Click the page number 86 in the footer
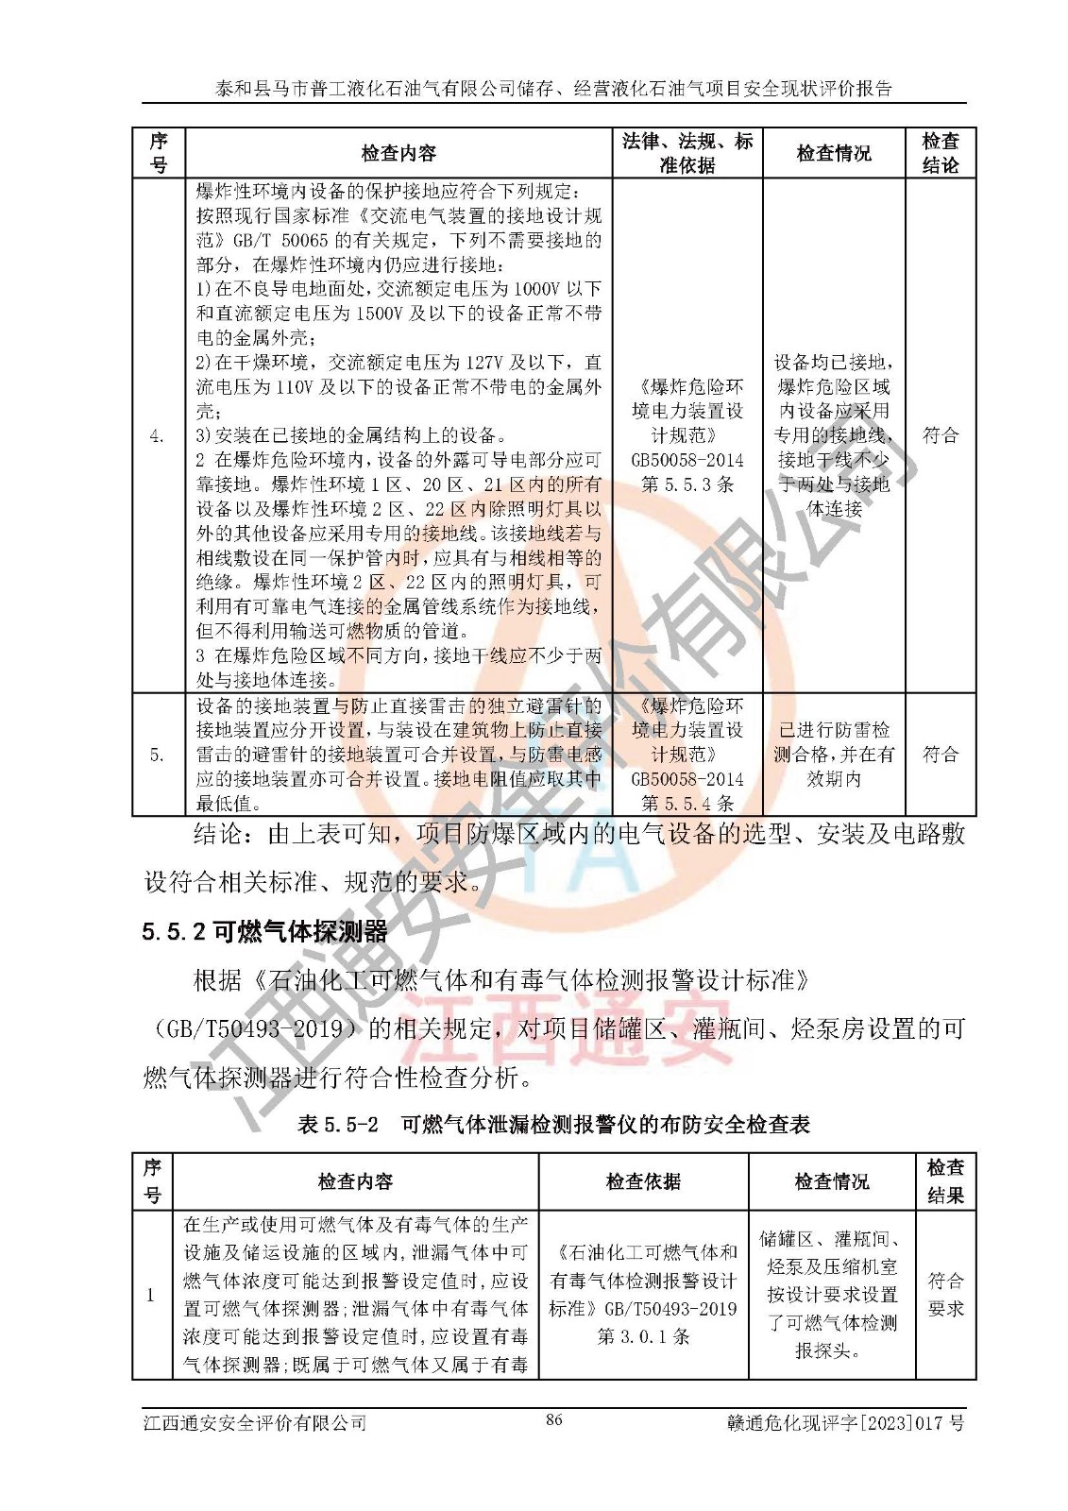(x=554, y=1419)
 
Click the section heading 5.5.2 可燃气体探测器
(x=264, y=932)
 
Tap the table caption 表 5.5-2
(x=337, y=1124)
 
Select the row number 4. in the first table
(x=158, y=435)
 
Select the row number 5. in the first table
(x=158, y=755)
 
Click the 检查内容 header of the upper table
(x=398, y=153)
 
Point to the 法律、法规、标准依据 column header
(x=687, y=153)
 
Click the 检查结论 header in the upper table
(x=940, y=153)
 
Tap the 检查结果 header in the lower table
(x=945, y=1181)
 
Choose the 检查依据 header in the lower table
(x=643, y=1181)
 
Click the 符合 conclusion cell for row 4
(x=940, y=435)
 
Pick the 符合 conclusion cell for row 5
(x=940, y=755)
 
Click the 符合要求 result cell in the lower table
(x=945, y=1294)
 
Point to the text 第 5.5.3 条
(x=687, y=484)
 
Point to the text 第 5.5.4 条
(x=687, y=804)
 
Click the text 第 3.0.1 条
(x=643, y=1336)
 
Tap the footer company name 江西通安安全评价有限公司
(x=255, y=1422)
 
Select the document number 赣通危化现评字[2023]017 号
(x=846, y=1422)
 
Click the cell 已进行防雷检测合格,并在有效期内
(x=834, y=755)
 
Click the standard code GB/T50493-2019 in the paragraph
(x=255, y=1028)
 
